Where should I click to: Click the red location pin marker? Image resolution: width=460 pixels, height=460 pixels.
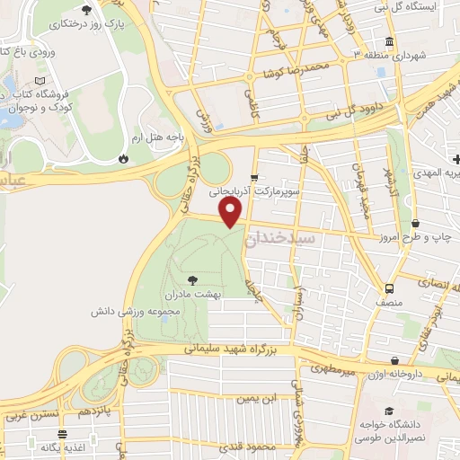[231, 212]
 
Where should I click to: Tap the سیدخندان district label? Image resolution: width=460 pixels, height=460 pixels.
[283, 239]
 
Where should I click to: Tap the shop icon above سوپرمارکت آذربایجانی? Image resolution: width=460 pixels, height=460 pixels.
[254, 177]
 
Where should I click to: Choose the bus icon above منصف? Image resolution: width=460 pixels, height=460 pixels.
[389, 289]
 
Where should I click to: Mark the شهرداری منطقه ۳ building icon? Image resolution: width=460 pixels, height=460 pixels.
[388, 41]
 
